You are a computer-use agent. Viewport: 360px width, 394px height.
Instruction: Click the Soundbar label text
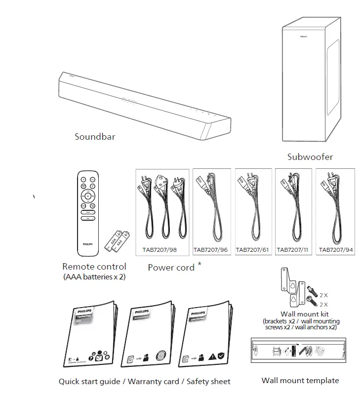(x=95, y=136)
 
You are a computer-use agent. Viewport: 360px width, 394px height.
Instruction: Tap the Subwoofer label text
(x=310, y=157)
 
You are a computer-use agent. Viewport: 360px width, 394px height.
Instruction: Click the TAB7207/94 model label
(x=335, y=250)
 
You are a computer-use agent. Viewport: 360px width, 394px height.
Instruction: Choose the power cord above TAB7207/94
(x=335, y=207)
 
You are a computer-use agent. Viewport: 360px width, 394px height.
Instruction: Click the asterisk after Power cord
(x=200, y=265)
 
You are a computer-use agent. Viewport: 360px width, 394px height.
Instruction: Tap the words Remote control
(x=94, y=267)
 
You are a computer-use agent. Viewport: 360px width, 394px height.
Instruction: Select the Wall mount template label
(x=300, y=380)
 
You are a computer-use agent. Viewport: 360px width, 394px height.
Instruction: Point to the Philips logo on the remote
(x=87, y=243)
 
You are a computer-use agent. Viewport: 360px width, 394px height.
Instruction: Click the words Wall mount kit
(x=301, y=314)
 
